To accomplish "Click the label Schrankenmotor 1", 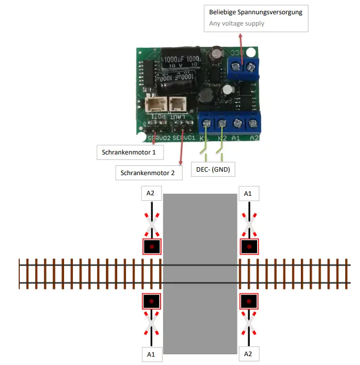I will click(x=130, y=152).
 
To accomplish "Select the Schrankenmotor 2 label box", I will click(x=148, y=172).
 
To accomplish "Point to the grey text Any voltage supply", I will click(x=236, y=23).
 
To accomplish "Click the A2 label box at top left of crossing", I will click(x=151, y=193).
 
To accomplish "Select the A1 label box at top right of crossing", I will click(x=248, y=193).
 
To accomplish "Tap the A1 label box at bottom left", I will click(x=151, y=354).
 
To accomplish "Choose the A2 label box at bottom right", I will click(x=249, y=354).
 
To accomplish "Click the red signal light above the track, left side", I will click(x=152, y=246).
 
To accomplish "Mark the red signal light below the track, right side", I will click(x=249, y=301).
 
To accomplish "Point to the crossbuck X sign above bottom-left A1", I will click(x=151, y=325).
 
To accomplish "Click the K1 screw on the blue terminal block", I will click(x=206, y=123).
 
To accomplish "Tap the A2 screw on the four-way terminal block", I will click(x=253, y=123).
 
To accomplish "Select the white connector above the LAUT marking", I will click(x=176, y=104).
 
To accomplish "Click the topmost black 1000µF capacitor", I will click(x=182, y=59).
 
